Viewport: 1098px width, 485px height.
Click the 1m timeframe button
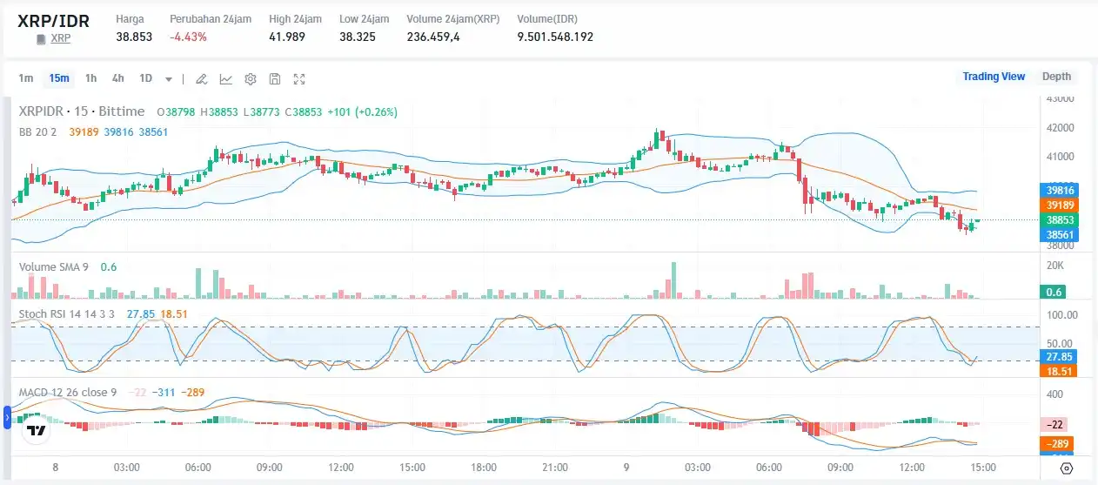[26, 78]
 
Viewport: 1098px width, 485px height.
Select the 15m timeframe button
[59, 78]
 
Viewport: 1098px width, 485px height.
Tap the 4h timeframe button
[118, 78]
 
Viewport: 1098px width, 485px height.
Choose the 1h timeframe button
[90, 78]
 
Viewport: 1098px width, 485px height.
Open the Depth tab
[1056, 77]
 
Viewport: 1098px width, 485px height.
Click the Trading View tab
[994, 77]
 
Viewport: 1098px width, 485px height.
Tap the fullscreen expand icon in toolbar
[299, 79]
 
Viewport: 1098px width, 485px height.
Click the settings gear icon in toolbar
[251, 79]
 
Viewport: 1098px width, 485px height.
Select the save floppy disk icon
[275, 79]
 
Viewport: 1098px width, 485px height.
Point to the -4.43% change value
[188, 37]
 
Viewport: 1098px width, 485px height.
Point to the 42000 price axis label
[1061, 128]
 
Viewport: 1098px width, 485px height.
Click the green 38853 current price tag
[1060, 220]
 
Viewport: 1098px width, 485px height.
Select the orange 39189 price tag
[1060, 205]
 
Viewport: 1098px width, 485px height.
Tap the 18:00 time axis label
[483, 468]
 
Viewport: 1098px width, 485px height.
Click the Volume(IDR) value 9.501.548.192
[555, 37]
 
